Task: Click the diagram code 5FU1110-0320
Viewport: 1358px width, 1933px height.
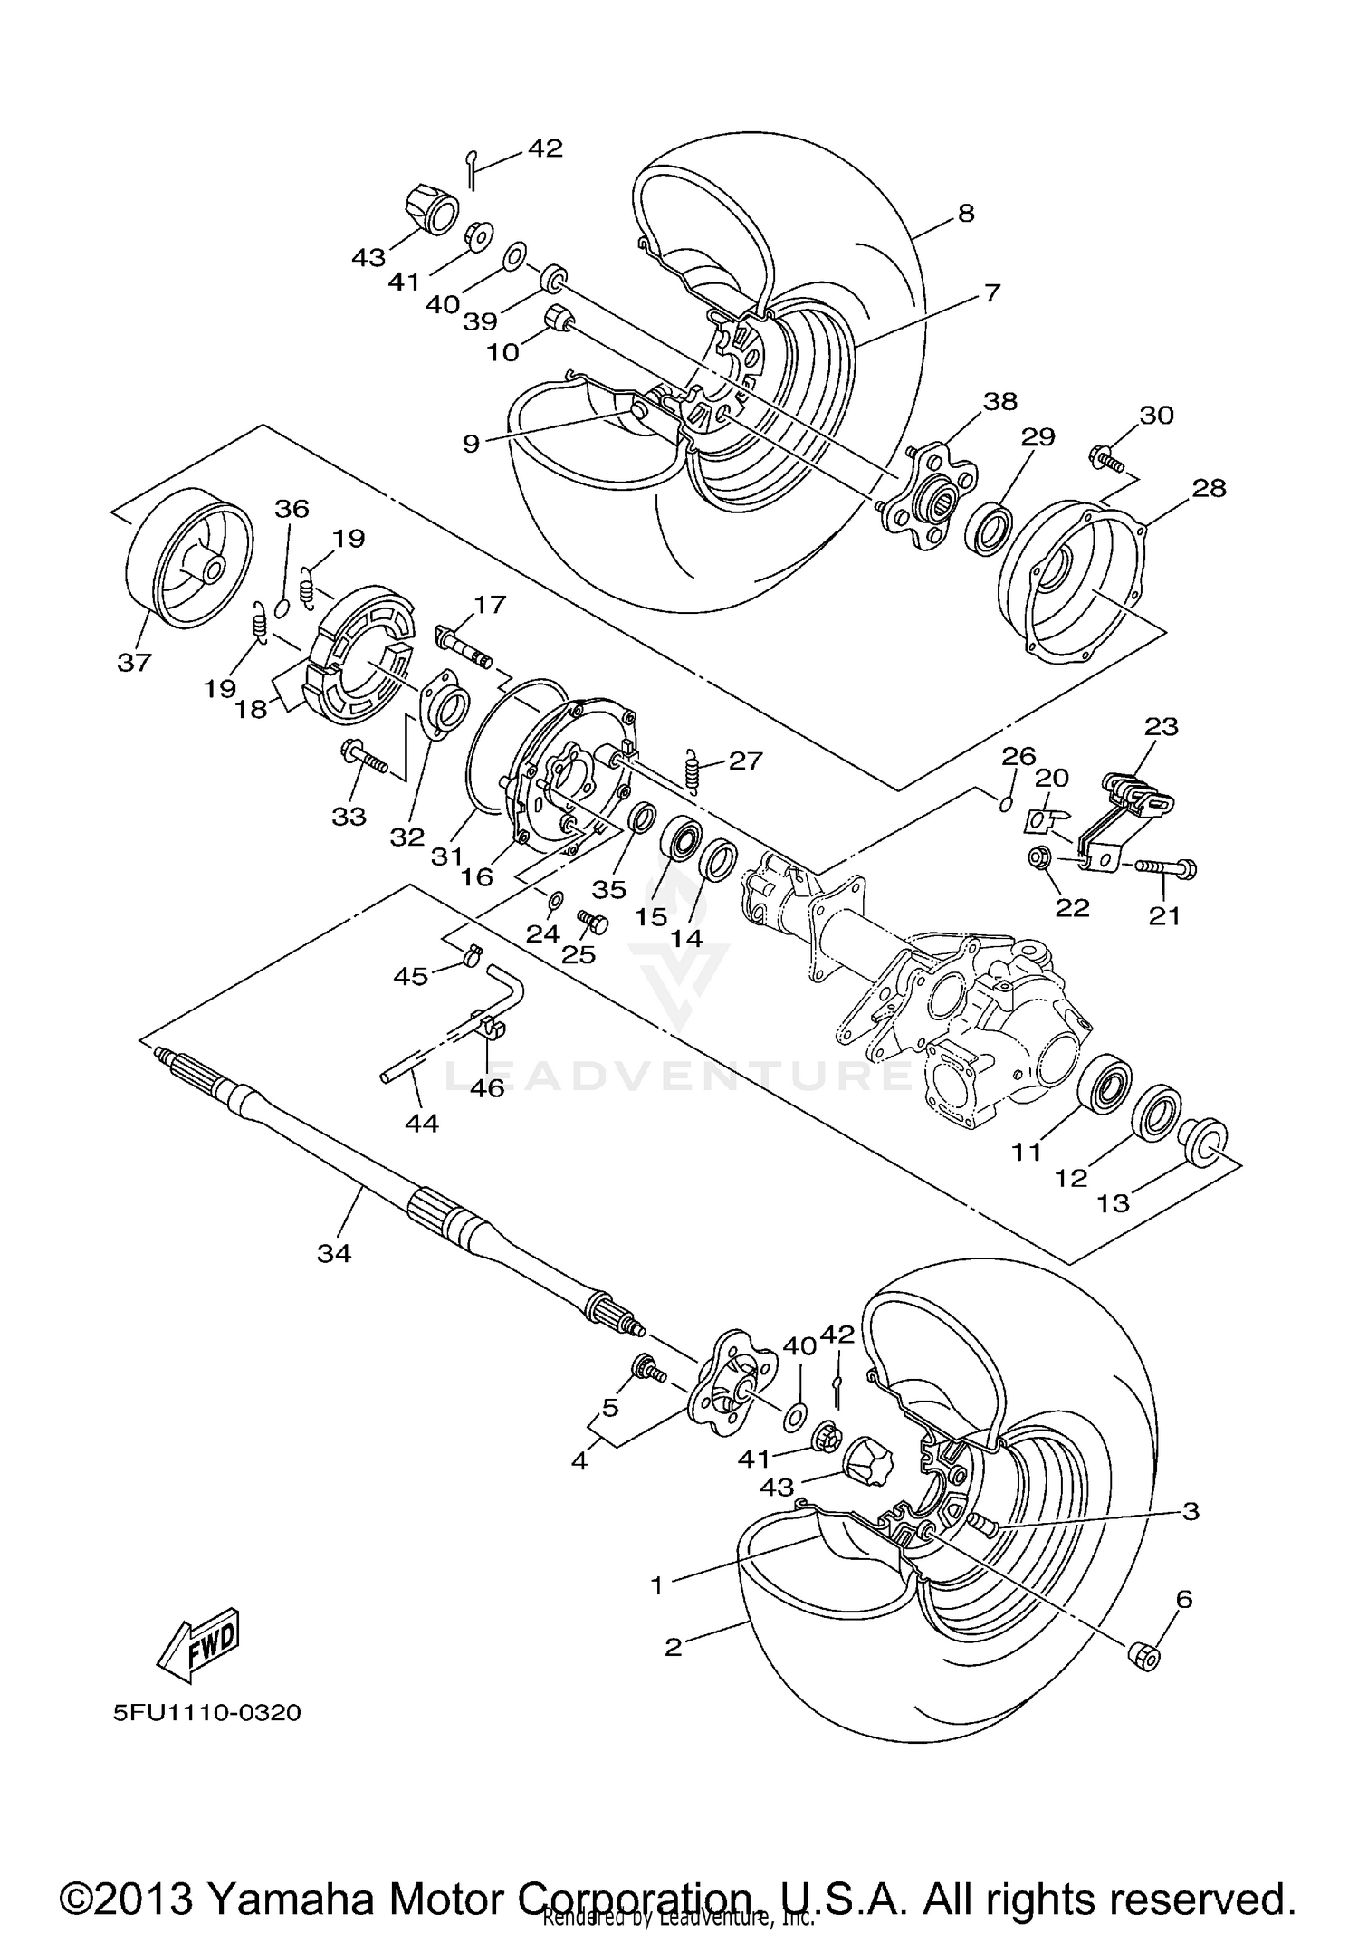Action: (206, 1714)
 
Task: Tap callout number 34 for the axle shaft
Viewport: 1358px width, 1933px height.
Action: (334, 1253)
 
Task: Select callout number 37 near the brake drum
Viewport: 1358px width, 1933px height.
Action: (134, 663)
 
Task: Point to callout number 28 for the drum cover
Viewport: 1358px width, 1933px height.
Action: (1209, 488)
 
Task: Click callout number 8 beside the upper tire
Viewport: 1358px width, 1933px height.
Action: (965, 214)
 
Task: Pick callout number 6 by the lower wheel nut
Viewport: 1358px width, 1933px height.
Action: (1184, 1599)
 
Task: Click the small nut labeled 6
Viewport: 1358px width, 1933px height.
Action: (1144, 1656)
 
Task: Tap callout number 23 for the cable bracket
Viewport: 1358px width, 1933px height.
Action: (1162, 726)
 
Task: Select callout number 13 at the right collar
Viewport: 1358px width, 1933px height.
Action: (1114, 1202)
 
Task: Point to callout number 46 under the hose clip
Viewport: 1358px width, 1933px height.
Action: (487, 1087)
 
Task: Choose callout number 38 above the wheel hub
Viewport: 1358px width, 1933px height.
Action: (1000, 401)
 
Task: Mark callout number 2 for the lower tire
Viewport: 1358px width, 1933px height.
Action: (673, 1647)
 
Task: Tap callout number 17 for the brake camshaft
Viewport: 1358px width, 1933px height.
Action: (490, 604)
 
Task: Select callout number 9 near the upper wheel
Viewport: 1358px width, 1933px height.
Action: (471, 444)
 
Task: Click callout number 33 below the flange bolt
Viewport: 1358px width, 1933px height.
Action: (349, 816)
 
